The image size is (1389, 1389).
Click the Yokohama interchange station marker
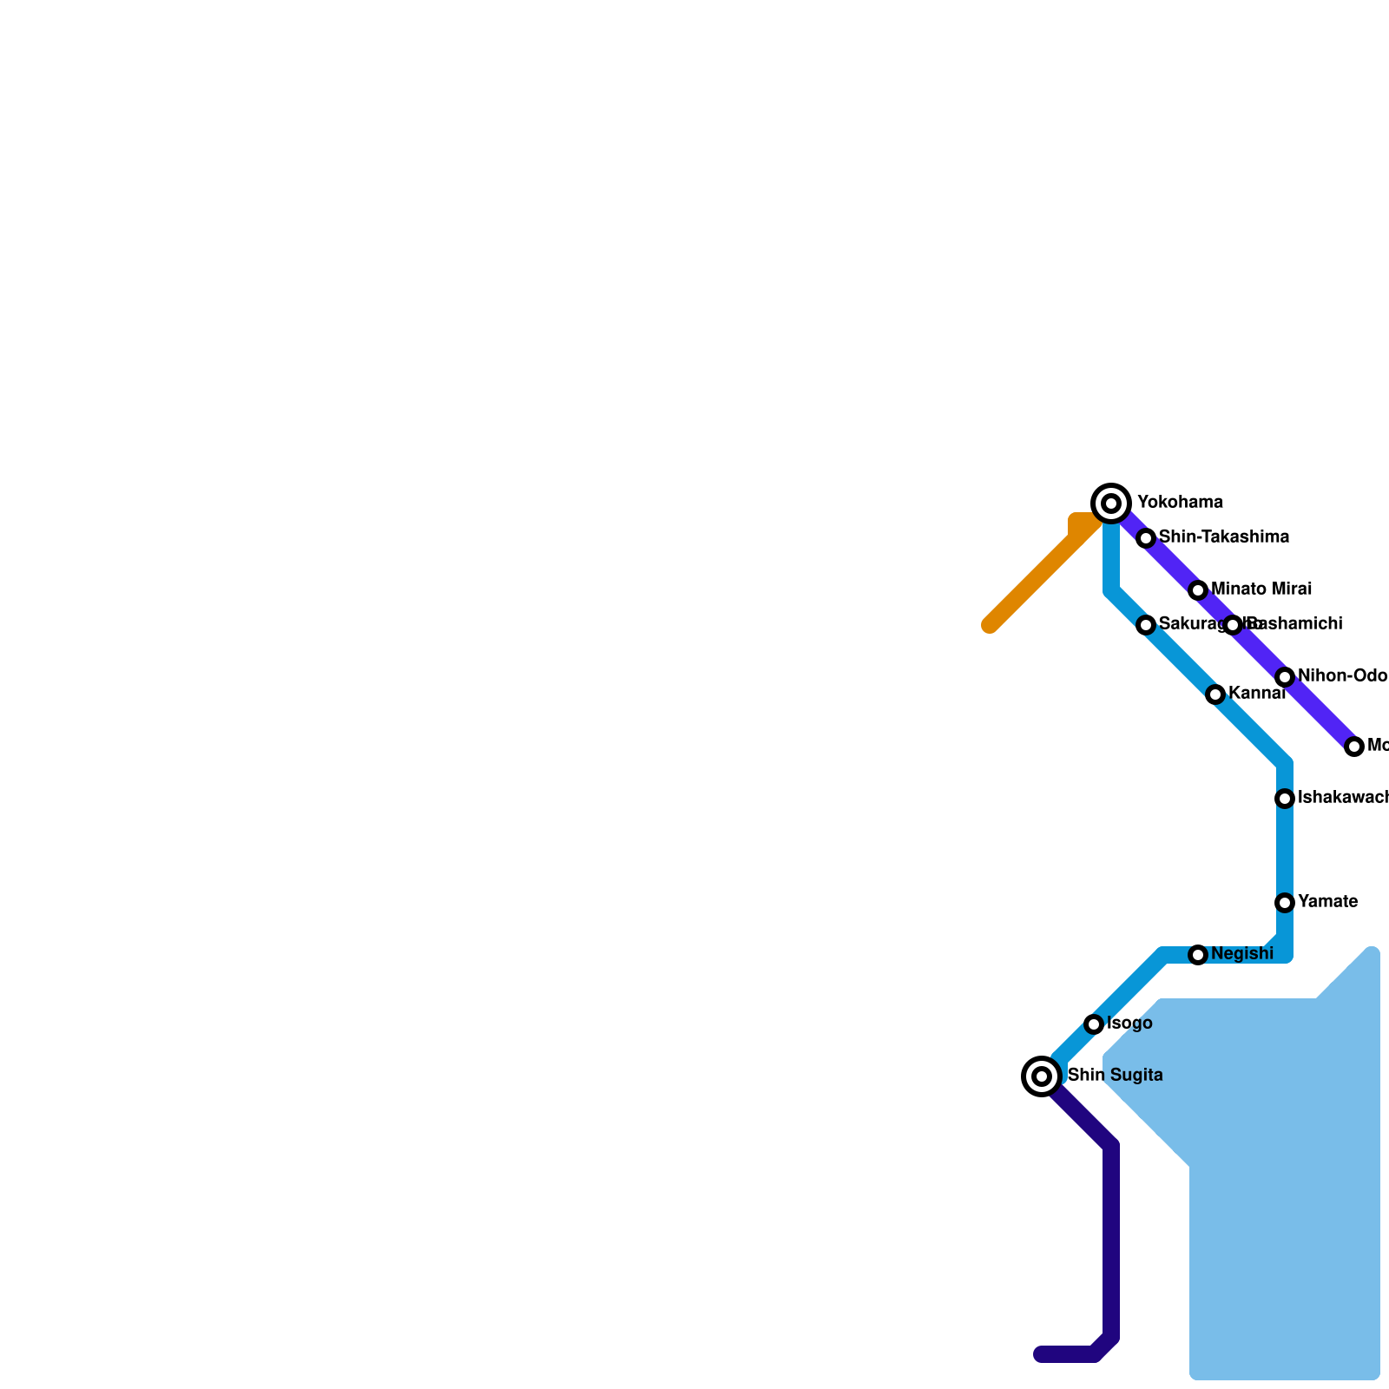click(x=1111, y=503)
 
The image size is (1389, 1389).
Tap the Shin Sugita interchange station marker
click(x=1042, y=1076)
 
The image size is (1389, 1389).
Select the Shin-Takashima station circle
click(x=1146, y=538)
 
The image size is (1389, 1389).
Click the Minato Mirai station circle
click(x=1198, y=590)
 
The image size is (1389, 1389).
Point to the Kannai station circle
click(x=1215, y=694)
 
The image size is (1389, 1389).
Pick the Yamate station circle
click(x=1285, y=903)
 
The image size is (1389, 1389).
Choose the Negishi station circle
click(x=1198, y=955)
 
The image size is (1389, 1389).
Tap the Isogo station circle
click(x=1094, y=1024)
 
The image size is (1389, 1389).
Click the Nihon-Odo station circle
click(x=1285, y=677)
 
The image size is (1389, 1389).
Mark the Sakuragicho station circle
click(x=1146, y=625)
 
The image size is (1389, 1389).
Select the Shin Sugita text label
click(x=1115, y=1076)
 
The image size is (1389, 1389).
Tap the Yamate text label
click(x=1327, y=902)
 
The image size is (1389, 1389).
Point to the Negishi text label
click(x=1241, y=954)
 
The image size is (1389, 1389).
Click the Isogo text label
click(x=1129, y=1024)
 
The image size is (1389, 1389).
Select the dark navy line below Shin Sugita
click(x=1111, y=1241)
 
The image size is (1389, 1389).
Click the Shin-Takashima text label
click(x=1223, y=537)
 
